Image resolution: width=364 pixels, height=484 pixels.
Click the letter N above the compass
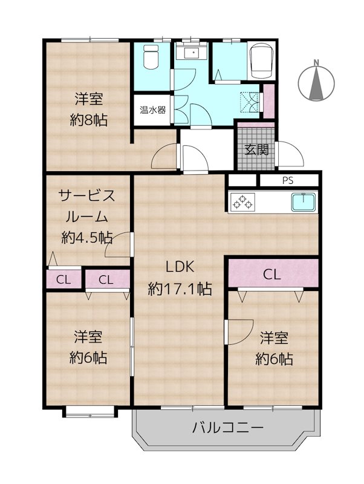pyautogui.click(x=316, y=62)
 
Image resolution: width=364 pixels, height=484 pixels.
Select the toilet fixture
pyautogui.click(x=149, y=59)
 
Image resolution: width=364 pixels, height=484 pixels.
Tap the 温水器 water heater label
pyautogui.click(x=153, y=111)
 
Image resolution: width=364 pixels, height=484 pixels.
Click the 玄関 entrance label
pyautogui.click(x=256, y=149)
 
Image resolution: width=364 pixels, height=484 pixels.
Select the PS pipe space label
pyautogui.click(x=288, y=180)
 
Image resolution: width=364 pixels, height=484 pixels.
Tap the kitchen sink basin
pyautogui.click(x=304, y=201)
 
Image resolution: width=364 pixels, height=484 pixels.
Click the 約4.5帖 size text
pyautogui.click(x=87, y=237)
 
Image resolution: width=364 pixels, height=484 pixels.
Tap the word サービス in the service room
pyautogui.click(x=87, y=195)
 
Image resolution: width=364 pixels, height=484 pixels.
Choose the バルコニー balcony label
pyautogui.click(x=228, y=428)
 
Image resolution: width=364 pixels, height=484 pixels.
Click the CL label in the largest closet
pyautogui.click(x=271, y=274)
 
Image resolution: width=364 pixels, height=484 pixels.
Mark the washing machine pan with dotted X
pyautogui.click(x=249, y=101)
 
